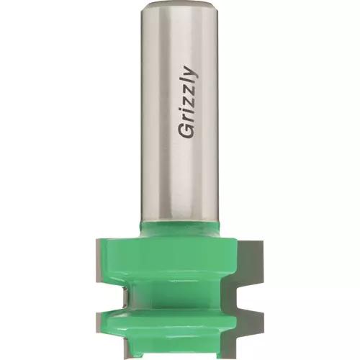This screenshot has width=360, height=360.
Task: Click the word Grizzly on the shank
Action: point(189,102)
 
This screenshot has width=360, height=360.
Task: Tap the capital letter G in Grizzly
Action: point(186,131)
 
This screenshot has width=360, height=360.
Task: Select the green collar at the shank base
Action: point(179,228)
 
